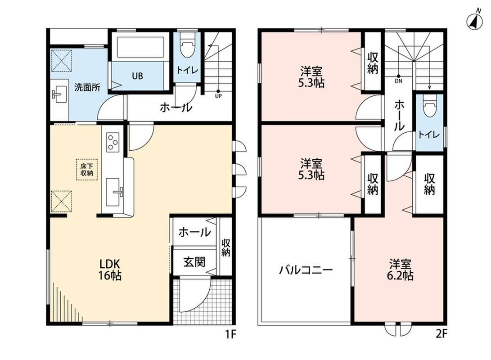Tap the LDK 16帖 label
pos(110,270)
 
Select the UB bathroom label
pos(137,76)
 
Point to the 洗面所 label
pos(87,87)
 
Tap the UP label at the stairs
pos(218,96)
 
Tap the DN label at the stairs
pos(398,81)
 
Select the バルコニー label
pos(306,270)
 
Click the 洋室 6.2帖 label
pos(401,270)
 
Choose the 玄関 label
pos(194,262)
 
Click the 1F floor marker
pos(230,335)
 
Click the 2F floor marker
pos(441,335)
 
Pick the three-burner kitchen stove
pos(113,141)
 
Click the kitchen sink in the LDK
pos(113,192)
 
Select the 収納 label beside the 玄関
pos(226,247)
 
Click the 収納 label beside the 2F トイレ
pos(430,184)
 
